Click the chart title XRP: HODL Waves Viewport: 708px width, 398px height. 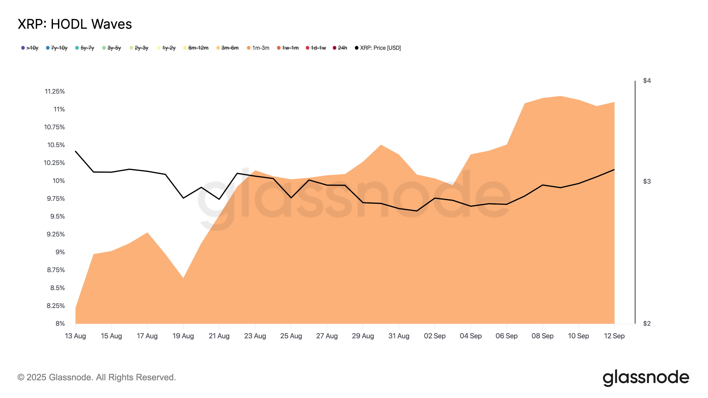pyautogui.click(x=75, y=24)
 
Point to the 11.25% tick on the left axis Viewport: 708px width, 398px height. pyautogui.click(x=55, y=92)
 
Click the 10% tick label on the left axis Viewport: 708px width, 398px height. pyautogui.click(x=59, y=181)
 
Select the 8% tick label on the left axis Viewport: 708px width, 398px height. pyautogui.click(x=60, y=323)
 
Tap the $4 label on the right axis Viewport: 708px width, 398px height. pyautogui.click(x=647, y=80)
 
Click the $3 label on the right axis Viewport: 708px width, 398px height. pyautogui.click(x=647, y=181)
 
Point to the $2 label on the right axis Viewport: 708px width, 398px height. pyautogui.click(x=647, y=323)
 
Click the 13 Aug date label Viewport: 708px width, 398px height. pyautogui.click(x=75, y=336)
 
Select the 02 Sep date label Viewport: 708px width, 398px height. pyautogui.click(x=435, y=336)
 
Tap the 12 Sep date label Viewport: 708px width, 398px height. pyautogui.click(x=614, y=336)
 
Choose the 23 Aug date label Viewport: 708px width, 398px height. pyautogui.click(x=255, y=336)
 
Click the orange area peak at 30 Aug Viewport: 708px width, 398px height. pyautogui.click(x=381, y=145)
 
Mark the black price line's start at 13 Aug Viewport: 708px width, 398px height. pyautogui.click(x=76, y=151)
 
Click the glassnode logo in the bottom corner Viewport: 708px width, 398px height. pyautogui.click(x=646, y=378)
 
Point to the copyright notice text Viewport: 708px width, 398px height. pyautogui.click(x=96, y=377)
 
